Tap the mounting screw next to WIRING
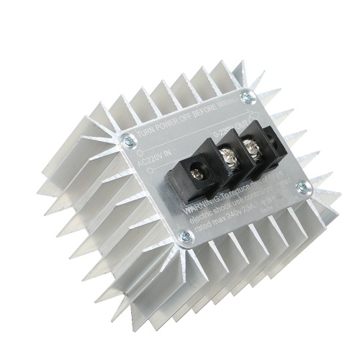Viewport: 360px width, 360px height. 248,95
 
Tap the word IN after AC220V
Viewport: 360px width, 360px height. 165,153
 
